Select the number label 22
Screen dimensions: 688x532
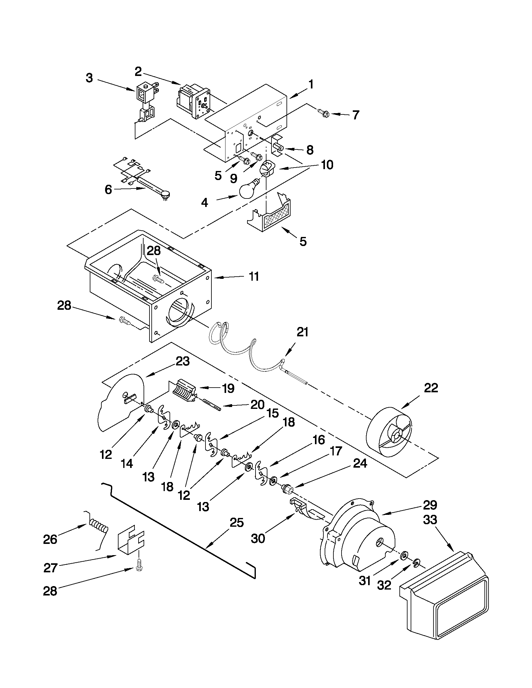(x=431, y=388)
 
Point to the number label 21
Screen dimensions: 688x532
(x=302, y=332)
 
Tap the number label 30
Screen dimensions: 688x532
(x=258, y=538)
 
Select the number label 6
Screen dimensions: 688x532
(x=108, y=190)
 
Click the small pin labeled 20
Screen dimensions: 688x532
(x=213, y=405)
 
